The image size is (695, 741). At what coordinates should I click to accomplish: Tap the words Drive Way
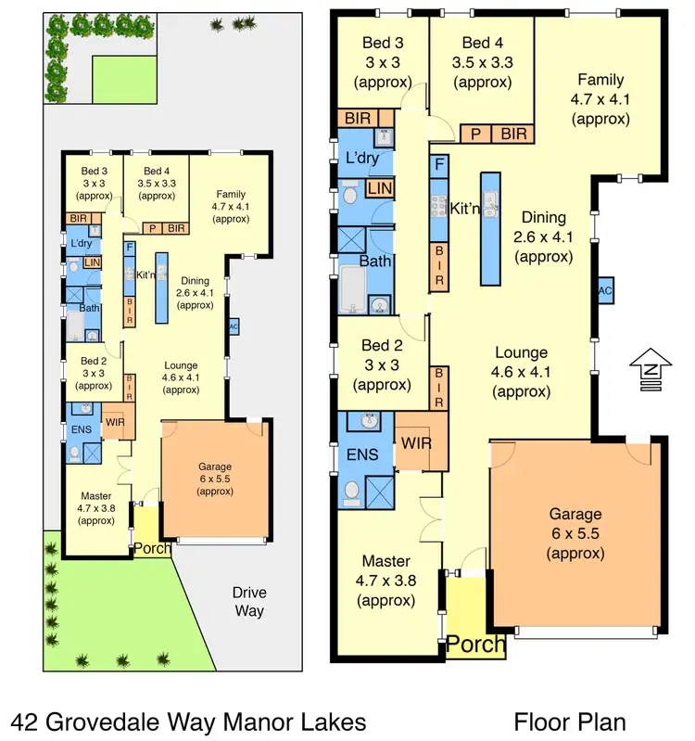pyautogui.click(x=249, y=601)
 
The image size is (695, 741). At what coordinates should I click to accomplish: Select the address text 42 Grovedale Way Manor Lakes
pyautogui.click(x=188, y=721)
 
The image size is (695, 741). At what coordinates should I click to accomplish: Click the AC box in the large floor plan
pyautogui.click(x=604, y=290)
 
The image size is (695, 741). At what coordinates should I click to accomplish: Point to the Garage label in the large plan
pyautogui.click(x=575, y=514)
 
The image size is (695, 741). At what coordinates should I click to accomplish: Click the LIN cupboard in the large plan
pyautogui.click(x=379, y=189)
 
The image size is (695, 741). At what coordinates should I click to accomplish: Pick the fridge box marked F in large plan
pyautogui.click(x=440, y=166)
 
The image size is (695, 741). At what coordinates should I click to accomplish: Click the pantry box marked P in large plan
pyautogui.click(x=475, y=134)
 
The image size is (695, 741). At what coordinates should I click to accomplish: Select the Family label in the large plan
pyautogui.click(x=600, y=80)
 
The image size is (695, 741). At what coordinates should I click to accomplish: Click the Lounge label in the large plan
pyautogui.click(x=521, y=352)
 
